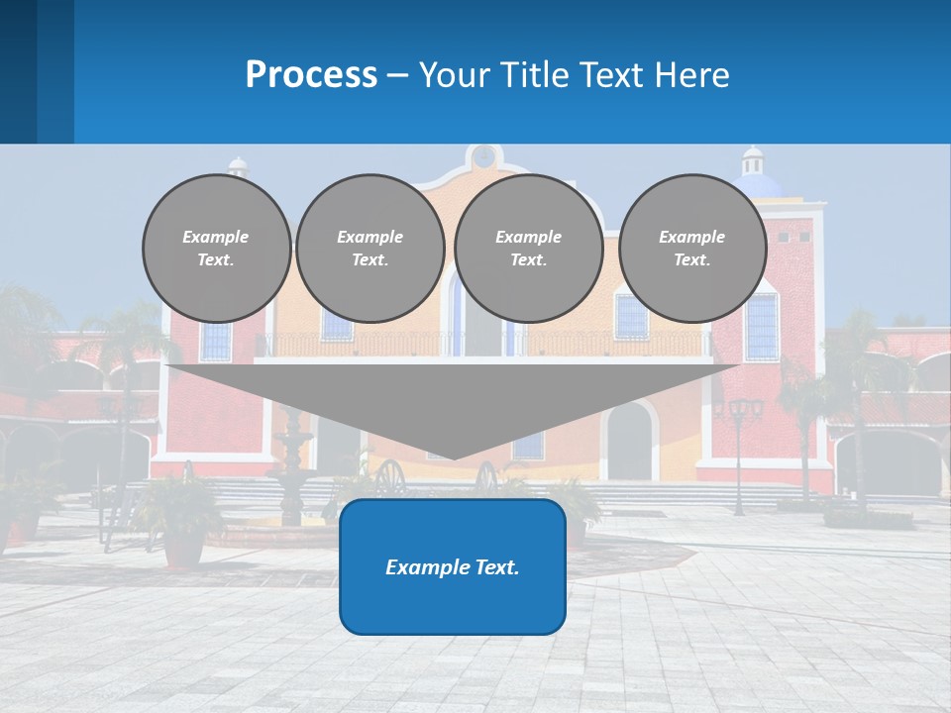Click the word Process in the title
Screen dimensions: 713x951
click(311, 75)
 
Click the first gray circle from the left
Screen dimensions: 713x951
click(216, 249)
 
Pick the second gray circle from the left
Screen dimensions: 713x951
click(370, 249)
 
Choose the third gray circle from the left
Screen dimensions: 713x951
click(528, 249)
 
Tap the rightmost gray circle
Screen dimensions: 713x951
click(691, 249)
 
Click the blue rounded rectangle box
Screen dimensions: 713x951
click(453, 566)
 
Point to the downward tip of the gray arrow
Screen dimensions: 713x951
click(453, 457)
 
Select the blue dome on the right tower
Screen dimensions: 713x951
click(759, 185)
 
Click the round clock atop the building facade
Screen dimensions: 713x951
click(483, 156)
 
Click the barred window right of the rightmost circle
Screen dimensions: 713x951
click(762, 327)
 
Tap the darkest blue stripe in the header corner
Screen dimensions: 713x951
click(18, 71)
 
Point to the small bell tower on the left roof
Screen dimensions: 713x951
click(237, 165)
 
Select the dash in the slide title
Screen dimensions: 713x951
click(398, 75)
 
